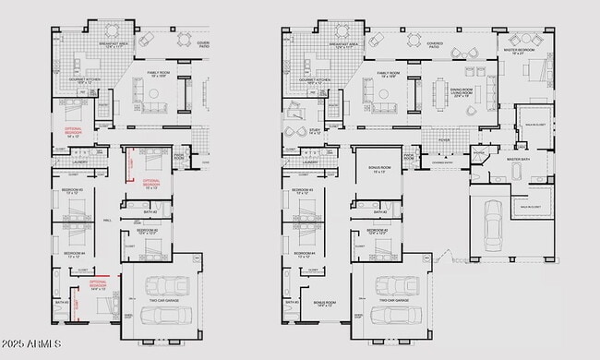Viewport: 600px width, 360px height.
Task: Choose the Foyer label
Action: point(445,141)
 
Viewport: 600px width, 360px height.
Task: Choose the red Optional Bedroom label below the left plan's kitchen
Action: point(69,129)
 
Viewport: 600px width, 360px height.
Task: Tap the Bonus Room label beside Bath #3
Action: point(325,303)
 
